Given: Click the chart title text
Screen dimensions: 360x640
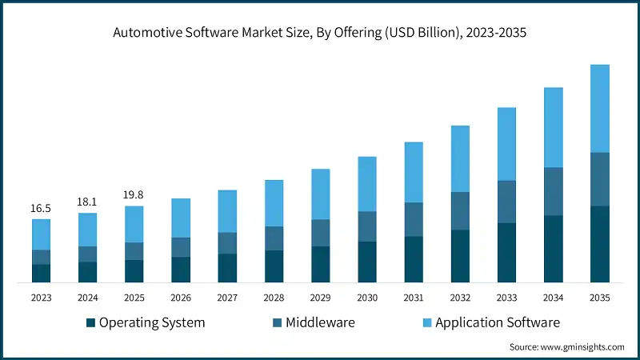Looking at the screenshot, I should pos(320,33).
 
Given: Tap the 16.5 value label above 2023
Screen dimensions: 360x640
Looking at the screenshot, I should pos(41,208).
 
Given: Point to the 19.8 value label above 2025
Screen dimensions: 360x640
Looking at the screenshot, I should pos(134,195).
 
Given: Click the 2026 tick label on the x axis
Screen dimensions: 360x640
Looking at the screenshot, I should pos(181,298).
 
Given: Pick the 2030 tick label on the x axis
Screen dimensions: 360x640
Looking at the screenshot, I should pos(367,298).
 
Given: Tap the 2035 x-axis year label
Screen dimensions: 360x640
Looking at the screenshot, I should pos(599,298).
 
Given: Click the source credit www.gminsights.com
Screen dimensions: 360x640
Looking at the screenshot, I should pos(566,347).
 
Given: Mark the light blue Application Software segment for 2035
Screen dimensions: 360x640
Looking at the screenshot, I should pos(599,108).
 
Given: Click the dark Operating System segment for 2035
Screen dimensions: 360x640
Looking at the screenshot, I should pos(599,244).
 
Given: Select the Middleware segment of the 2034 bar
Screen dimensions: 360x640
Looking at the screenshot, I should pos(553,191).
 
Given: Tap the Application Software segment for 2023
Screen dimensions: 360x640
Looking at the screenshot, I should pos(41,234).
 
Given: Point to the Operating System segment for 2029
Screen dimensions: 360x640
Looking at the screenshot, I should pos(320,264).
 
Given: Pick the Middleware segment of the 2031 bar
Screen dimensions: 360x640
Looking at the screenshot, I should pos(414,219).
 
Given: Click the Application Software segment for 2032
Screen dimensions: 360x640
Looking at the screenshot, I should pos(460,158).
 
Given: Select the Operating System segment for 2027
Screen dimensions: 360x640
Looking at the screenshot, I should pos(227,268).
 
